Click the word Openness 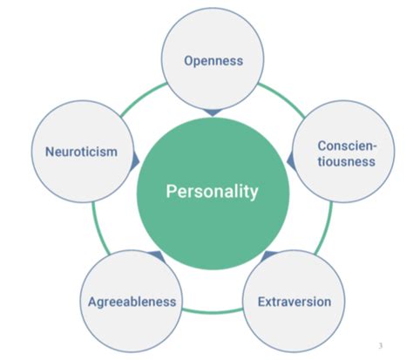(213, 61)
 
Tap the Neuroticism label (81, 152)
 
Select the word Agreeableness (132, 302)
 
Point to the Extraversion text (295, 302)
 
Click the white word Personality (212, 192)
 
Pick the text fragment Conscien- (347, 146)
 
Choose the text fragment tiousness (347, 161)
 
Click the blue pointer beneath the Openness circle (213, 112)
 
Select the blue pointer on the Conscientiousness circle (291, 161)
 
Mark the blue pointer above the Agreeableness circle (157, 255)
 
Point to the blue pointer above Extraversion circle (268, 255)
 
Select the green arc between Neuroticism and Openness (142, 98)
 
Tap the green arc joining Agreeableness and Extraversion (213, 312)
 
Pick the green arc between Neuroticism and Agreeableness (98, 229)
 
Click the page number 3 (381, 345)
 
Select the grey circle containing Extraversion (294, 302)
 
